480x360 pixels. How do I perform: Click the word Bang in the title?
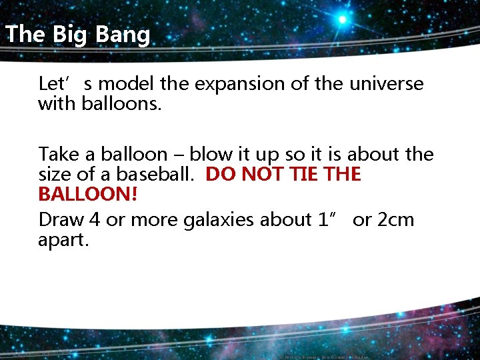click(x=122, y=34)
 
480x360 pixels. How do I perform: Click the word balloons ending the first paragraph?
click(x=121, y=103)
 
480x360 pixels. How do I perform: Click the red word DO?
click(x=220, y=175)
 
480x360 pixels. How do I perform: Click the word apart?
click(x=63, y=239)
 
